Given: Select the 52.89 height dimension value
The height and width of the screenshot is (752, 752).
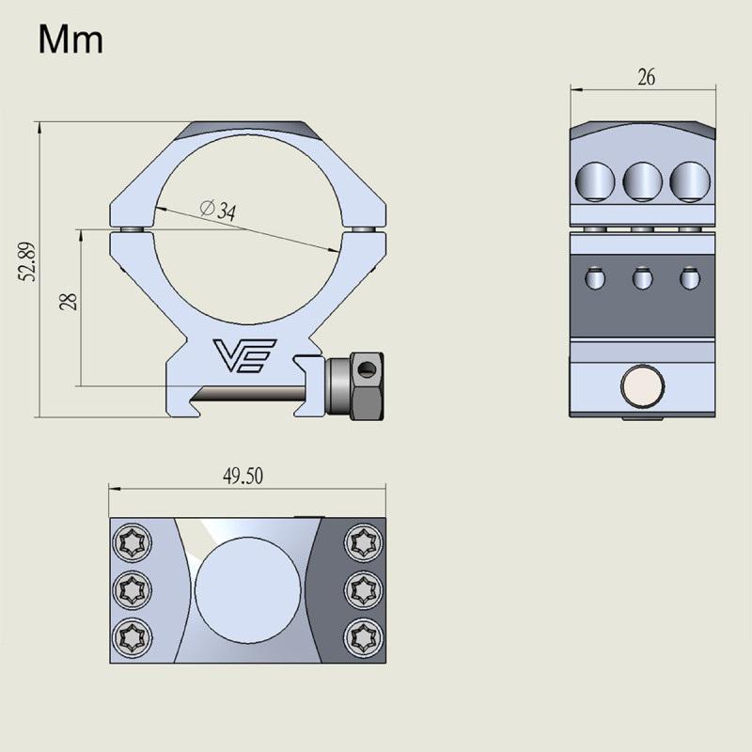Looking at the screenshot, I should (x=27, y=261).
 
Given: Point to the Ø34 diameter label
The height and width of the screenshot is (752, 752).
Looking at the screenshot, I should (x=218, y=210).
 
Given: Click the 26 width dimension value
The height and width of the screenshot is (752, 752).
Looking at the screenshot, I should (x=646, y=78).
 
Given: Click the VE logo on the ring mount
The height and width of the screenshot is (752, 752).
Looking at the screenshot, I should (x=243, y=355).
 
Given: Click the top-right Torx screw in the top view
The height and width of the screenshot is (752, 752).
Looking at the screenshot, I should (x=362, y=543).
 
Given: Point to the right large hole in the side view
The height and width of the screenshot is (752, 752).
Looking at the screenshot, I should (x=691, y=179).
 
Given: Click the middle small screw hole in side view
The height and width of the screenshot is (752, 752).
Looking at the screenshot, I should (x=643, y=278).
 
